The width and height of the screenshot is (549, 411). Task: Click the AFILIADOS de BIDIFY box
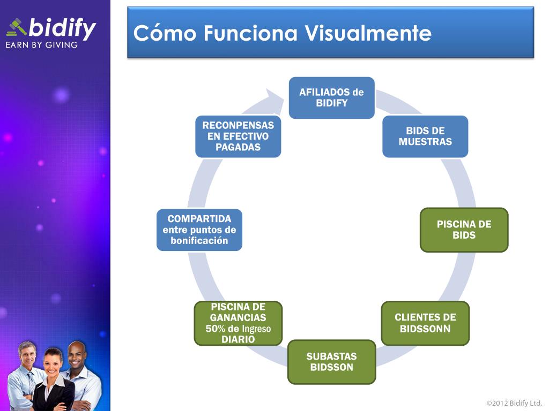[331, 97]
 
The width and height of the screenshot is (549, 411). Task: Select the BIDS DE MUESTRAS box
[425, 136]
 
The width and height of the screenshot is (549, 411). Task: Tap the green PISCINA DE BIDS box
[464, 230]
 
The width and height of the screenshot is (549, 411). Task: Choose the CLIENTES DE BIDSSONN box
[425, 323]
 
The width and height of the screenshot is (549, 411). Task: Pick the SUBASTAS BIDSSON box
[331, 362]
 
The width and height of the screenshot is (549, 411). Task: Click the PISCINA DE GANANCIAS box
[238, 323]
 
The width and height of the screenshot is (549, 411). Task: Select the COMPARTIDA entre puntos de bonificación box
[199, 230]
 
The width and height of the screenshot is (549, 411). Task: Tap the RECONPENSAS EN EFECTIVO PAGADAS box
[238, 136]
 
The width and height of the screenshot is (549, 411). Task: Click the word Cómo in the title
[165, 33]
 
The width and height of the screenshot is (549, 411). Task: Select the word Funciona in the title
[252, 33]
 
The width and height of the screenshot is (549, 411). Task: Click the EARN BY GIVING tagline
[41, 45]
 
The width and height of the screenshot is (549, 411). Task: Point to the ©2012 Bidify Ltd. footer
[514, 403]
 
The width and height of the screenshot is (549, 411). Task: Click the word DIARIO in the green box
[238, 339]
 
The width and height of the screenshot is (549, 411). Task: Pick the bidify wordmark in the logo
[62, 28]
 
